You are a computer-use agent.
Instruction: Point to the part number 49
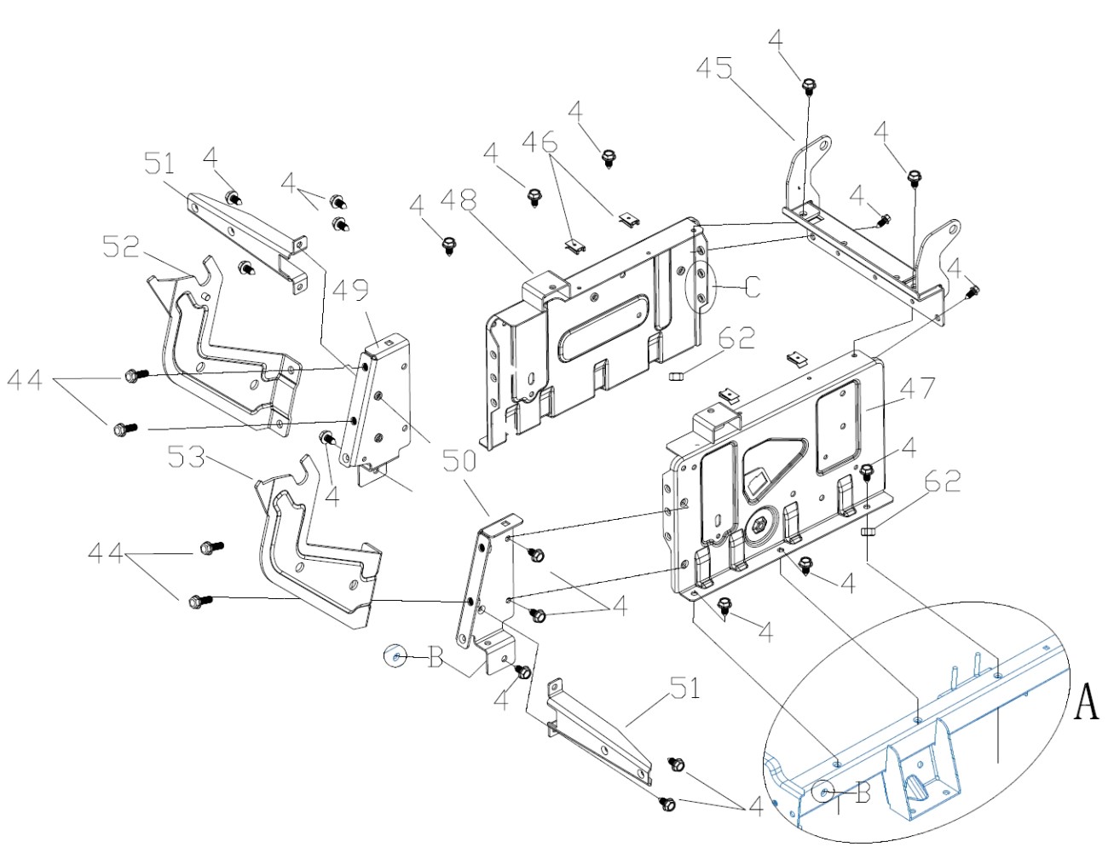click(x=351, y=290)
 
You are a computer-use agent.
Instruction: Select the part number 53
click(x=186, y=457)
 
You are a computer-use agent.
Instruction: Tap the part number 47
click(x=917, y=388)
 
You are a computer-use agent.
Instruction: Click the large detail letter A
click(x=1086, y=701)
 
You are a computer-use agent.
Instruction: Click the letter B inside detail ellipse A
click(x=863, y=793)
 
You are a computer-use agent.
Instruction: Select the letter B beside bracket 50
click(x=435, y=657)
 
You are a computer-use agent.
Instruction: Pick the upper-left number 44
click(x=25, y=380)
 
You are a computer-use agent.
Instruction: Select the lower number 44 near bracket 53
click(x=106, y=552)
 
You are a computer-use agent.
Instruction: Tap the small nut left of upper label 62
click(x=675, y=376)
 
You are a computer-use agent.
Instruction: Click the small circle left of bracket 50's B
click(x=395, y=655)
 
